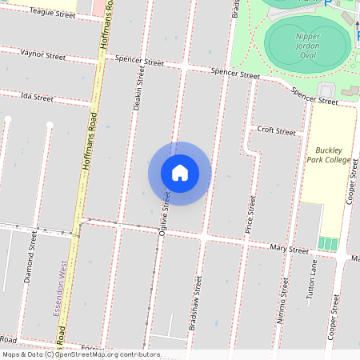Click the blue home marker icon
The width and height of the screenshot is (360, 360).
180,173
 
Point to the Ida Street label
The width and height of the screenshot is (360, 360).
37,98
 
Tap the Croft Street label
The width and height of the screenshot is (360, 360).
276,130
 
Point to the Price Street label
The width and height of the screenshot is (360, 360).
251,214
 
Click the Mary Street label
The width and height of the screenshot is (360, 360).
289,250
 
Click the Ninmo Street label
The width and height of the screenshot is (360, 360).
282,301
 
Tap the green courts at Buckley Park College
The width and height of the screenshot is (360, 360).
328,243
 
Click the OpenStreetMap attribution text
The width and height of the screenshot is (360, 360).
81,354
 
